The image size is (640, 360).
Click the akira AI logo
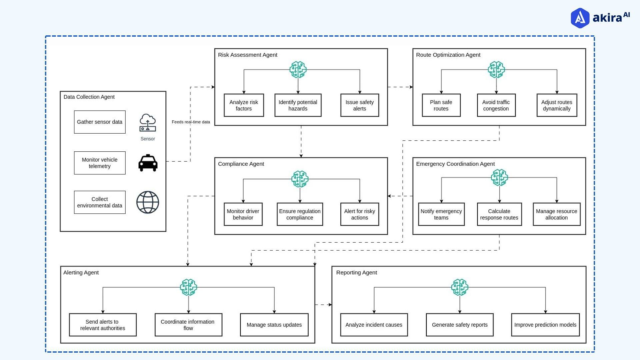600,18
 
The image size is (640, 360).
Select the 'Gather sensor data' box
100,122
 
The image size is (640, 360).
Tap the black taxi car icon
148,163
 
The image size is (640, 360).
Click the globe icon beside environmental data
148,202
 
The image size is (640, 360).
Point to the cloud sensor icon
148,123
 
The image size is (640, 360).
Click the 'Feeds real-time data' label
191,122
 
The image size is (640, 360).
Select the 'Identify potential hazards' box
298,105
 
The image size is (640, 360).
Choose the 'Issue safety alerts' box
359,105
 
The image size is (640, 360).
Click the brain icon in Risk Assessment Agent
298,70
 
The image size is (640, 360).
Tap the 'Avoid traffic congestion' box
496,105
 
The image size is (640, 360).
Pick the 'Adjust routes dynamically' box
557,105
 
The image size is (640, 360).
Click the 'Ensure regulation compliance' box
300,214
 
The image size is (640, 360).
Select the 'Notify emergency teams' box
441,214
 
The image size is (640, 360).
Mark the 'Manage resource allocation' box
556,214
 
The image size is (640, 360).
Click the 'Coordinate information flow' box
188,325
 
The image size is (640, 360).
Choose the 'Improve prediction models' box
545,325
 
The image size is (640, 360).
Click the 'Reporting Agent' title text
356,273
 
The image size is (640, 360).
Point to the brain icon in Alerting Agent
188,287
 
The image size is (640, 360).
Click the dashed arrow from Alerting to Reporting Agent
323,305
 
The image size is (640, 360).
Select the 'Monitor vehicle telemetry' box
100,163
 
